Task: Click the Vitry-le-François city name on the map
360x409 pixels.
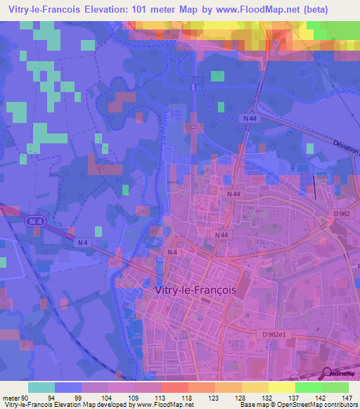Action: pyautogui.click(x=195, y=289)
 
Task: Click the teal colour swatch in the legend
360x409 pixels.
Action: pyautogui.click(x=41, y=387)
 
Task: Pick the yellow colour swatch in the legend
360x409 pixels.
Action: pyautogui.click(x=282, y=387)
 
